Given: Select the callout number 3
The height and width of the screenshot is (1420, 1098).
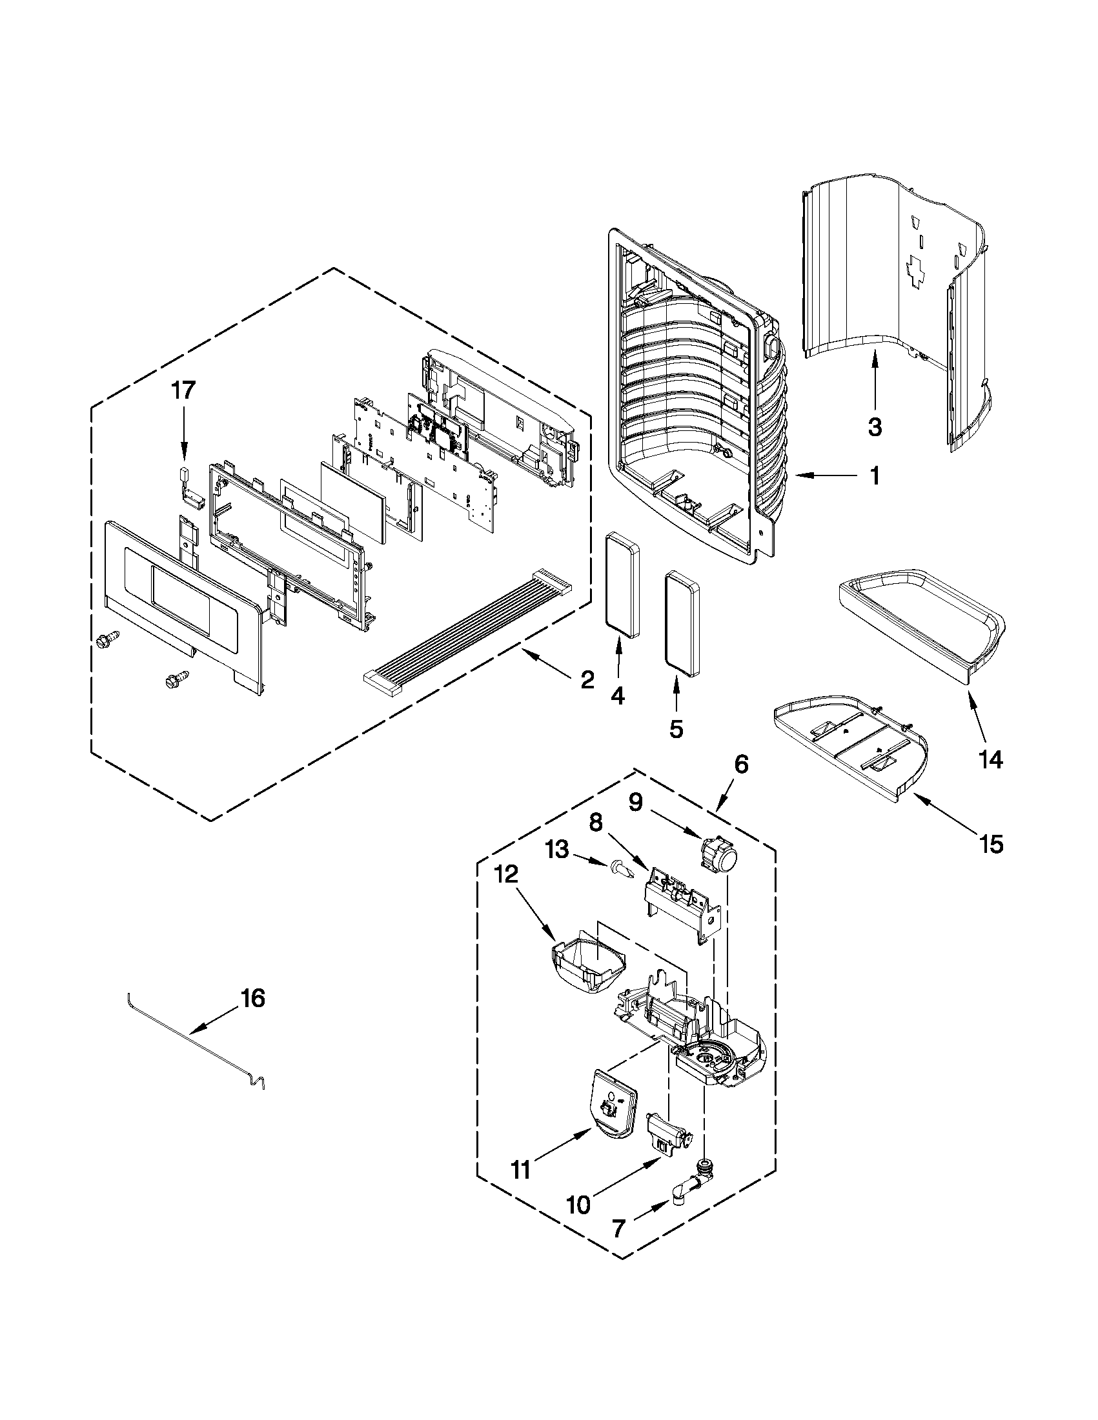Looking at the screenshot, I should (875, 428).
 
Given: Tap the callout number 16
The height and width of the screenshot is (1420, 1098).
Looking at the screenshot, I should (253, 998).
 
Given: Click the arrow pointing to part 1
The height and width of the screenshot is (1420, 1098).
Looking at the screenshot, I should (820, 477).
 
